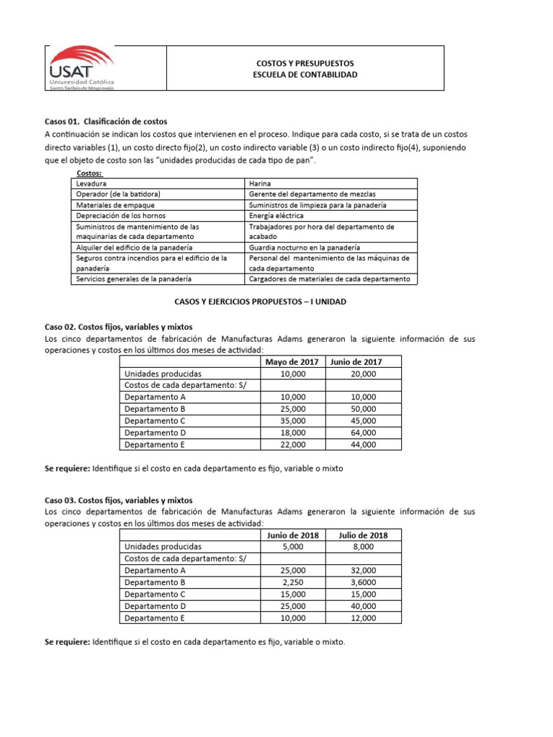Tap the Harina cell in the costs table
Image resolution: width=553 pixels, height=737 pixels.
260,184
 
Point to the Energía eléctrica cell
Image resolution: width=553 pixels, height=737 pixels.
276,215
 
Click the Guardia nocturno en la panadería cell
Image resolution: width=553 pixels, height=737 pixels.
302,248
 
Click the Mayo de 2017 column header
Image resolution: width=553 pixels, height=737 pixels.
293,361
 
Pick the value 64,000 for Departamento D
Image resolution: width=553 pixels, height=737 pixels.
364,433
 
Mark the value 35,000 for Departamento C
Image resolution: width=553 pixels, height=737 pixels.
293,421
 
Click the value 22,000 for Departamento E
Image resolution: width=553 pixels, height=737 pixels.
293,445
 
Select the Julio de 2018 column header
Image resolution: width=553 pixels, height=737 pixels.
364,535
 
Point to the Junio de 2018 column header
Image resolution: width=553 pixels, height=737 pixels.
293,535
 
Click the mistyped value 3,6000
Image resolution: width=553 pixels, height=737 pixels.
364,582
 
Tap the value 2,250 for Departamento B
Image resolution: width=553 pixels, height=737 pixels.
293,582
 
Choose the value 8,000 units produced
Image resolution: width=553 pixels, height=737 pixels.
364,546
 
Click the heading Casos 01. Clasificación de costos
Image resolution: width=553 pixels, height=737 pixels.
106,121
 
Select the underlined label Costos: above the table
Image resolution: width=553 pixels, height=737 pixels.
89,173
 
